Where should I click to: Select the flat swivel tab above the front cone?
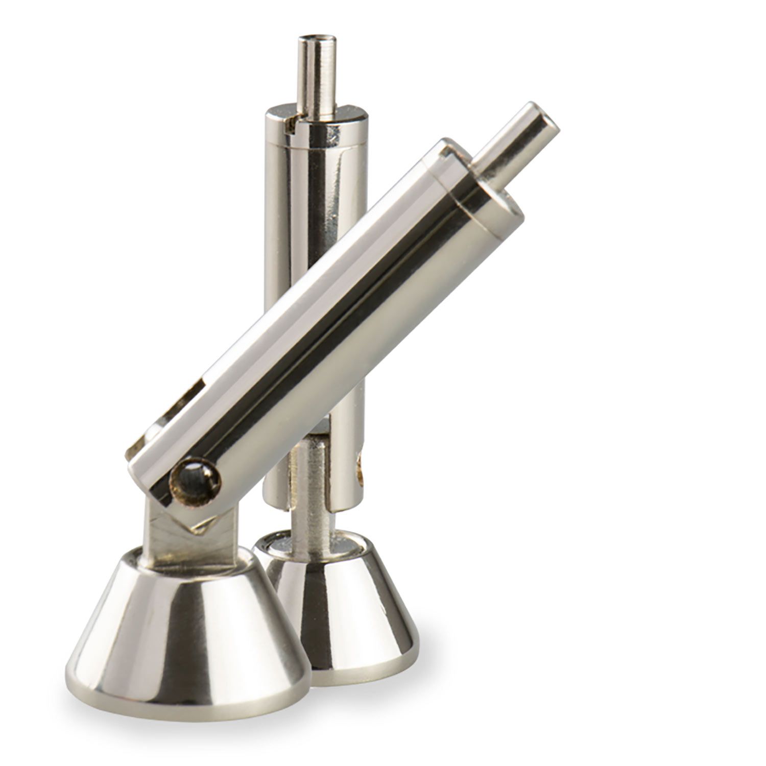pyautogui.click(x=174, y=531)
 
